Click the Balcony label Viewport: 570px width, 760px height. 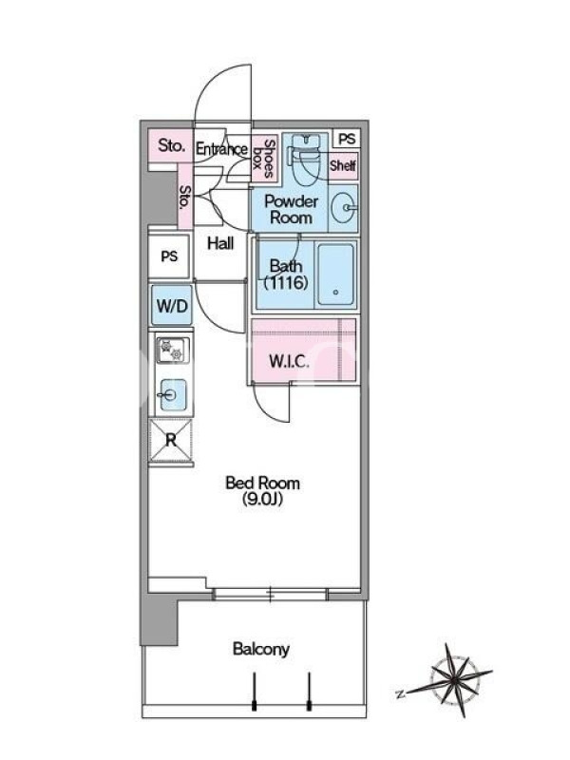[x=260, y=649]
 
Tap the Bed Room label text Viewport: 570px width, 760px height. [x=263, y=483]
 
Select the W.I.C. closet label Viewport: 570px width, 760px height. [x=289, y=361]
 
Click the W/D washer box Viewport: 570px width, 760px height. [x=172, y=305]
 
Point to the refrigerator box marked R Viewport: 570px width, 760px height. [x=171, y=441]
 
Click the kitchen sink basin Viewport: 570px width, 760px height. [x=173, y=394]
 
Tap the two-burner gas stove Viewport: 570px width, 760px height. [x=172, y=350]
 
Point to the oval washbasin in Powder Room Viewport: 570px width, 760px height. [x=344, y=208]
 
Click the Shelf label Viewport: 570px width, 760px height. [x=343, y=165]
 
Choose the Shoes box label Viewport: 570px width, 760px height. [x=264, y=158]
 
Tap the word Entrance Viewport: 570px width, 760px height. [x=221, y=149]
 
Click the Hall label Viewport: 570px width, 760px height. [x=220, y=243]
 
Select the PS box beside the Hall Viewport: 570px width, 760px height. [x=169, y=256]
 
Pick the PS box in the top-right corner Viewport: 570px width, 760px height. [x=347, y=139]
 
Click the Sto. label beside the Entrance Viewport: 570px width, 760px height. [x=172, y=145]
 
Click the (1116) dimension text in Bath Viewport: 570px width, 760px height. [x=286, y=282]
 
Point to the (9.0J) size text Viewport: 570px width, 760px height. [x=262, y=500]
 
